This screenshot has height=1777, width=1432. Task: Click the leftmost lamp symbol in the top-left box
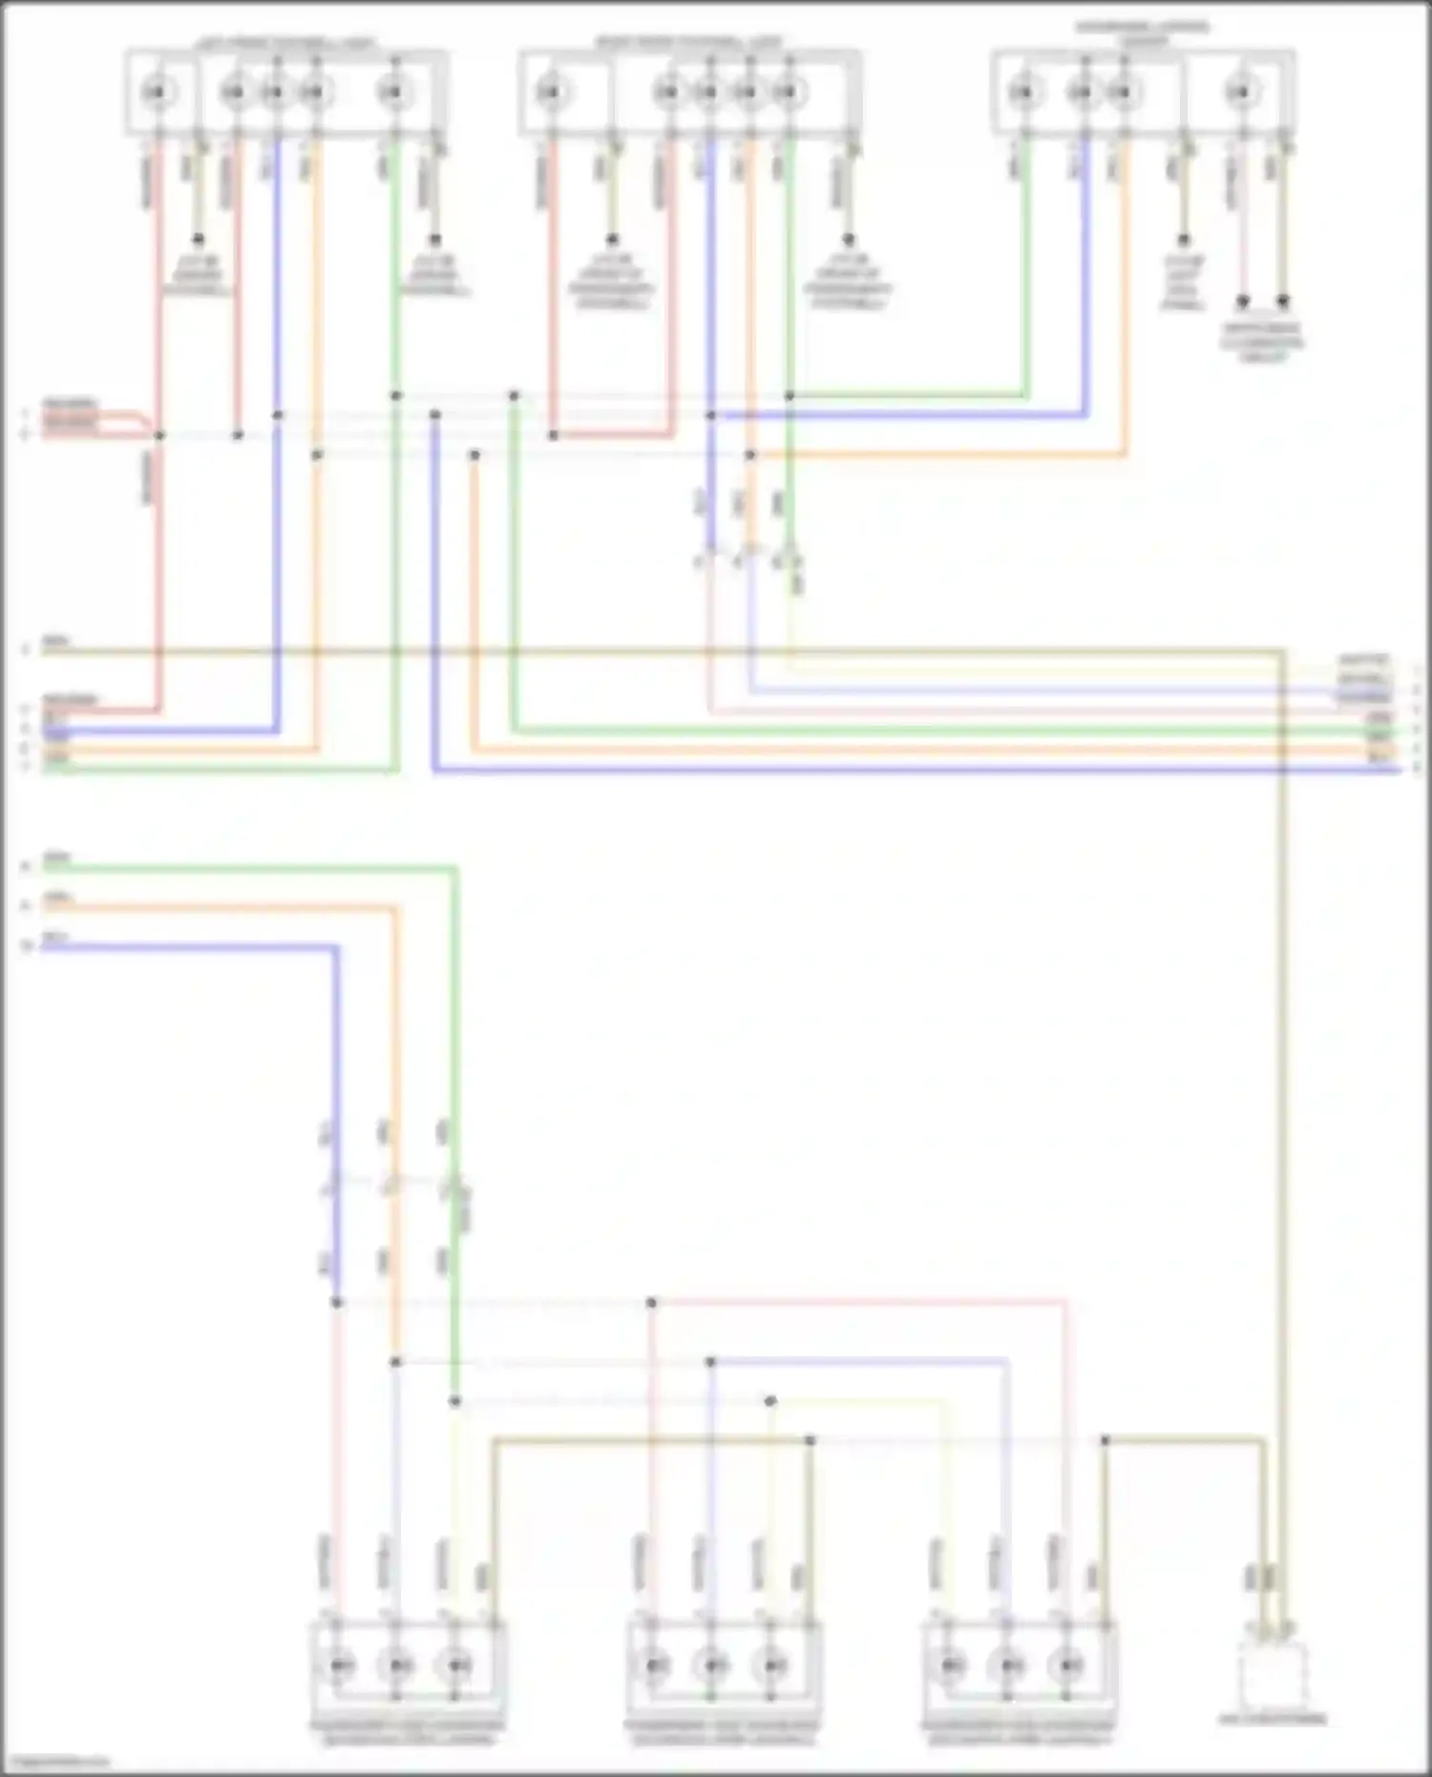point(156,93)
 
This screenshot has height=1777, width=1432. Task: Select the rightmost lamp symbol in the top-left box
point(391,93)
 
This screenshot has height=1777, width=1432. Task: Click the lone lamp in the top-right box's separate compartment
point(1239,93)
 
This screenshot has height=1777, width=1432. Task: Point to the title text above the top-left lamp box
point(285,42)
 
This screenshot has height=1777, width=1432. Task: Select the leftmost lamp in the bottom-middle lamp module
point(655,1666)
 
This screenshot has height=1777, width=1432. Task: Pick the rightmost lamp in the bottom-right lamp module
point(1066,1666)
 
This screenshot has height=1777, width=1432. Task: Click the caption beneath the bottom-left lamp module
point(407,1732)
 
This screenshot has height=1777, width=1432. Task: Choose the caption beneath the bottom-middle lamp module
point(722,1732)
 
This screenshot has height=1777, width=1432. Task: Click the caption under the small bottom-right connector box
point(1273,1720)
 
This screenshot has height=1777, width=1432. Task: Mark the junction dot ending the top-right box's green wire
point(790,395)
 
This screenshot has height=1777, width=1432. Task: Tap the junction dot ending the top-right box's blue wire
point(710,415)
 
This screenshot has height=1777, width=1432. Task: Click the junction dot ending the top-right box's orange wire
point(750,455)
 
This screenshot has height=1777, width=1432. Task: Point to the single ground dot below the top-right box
point(1184,240)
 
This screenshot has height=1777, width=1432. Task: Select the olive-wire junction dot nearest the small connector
point(1105,1440)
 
